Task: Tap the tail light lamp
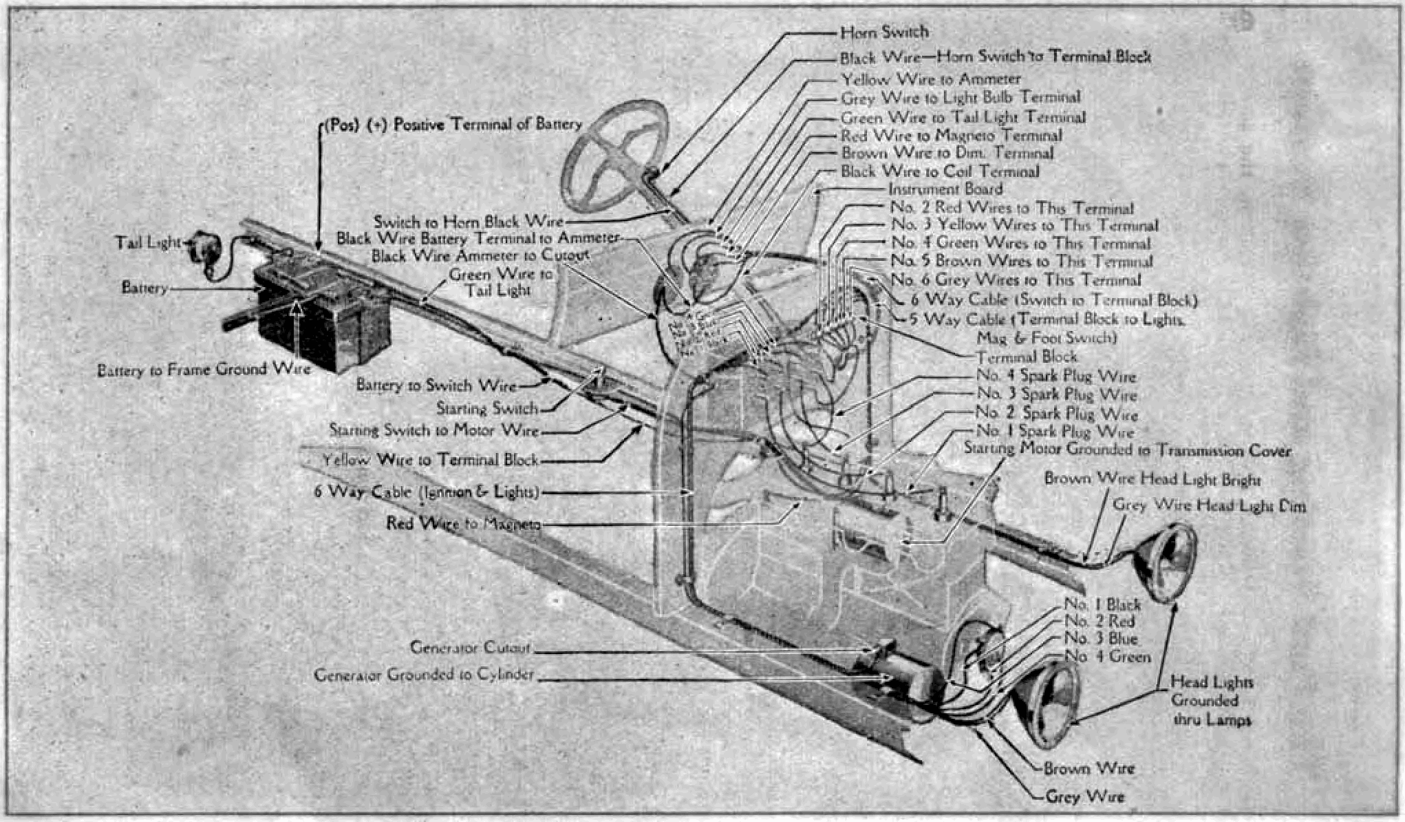(x=205, y=246)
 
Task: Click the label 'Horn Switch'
(x=884, y=32)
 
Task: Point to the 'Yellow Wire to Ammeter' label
(x=931, y=79)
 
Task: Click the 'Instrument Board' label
(x=945, y=189)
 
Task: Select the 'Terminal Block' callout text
(x=1027, y=357)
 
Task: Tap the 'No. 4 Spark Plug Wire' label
(x=1056, y=377)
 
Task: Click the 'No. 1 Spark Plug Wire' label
(x=1055, y=432)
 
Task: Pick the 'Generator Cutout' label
(x=471, y=648)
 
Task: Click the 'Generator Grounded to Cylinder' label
(x=424, y=675)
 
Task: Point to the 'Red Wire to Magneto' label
(x=463, y=524)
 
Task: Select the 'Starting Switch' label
(x=487, y=409)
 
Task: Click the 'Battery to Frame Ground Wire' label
(x=204, y=370)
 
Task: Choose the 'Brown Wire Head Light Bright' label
(x=1152, y=478)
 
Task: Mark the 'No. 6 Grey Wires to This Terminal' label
(x=1016, y=280)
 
